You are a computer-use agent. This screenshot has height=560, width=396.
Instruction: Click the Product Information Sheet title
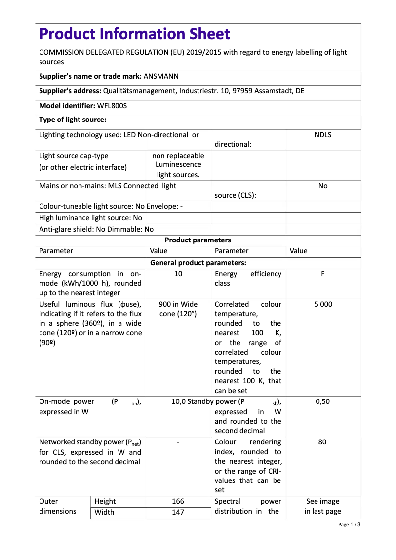(134, 34)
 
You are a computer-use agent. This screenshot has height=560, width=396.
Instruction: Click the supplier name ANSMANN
(161, 77)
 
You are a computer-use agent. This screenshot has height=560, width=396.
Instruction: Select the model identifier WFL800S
(112, 106)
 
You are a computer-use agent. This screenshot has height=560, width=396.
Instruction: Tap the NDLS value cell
(322, 135)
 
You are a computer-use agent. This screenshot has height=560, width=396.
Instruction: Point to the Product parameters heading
(198, 240)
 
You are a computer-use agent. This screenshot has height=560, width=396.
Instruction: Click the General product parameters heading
(198, 263)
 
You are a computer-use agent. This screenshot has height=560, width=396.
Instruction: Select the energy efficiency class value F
(322, 274)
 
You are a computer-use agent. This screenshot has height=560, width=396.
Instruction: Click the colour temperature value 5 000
(323, 304)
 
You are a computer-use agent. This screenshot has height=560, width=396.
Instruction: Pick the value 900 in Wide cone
(178, 309)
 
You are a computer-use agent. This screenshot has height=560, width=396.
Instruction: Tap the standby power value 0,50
(322, 401)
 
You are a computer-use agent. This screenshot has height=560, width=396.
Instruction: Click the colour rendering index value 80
(322, 442)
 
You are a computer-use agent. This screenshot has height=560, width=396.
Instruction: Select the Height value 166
(178, 501)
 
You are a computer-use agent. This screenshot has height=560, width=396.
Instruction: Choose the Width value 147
(178, 512)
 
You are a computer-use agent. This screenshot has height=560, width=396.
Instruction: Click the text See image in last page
(322, 506)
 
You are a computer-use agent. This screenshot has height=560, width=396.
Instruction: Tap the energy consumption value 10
(178, 274)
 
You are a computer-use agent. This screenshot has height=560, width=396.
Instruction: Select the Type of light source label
(73, 120)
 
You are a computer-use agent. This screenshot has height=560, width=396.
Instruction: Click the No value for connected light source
(322, 186)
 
